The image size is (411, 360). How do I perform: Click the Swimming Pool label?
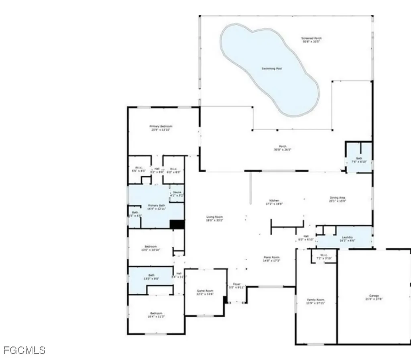[272, 69]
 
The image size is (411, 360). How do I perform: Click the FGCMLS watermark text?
[23, 350]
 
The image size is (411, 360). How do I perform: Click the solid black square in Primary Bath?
[177, 224]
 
